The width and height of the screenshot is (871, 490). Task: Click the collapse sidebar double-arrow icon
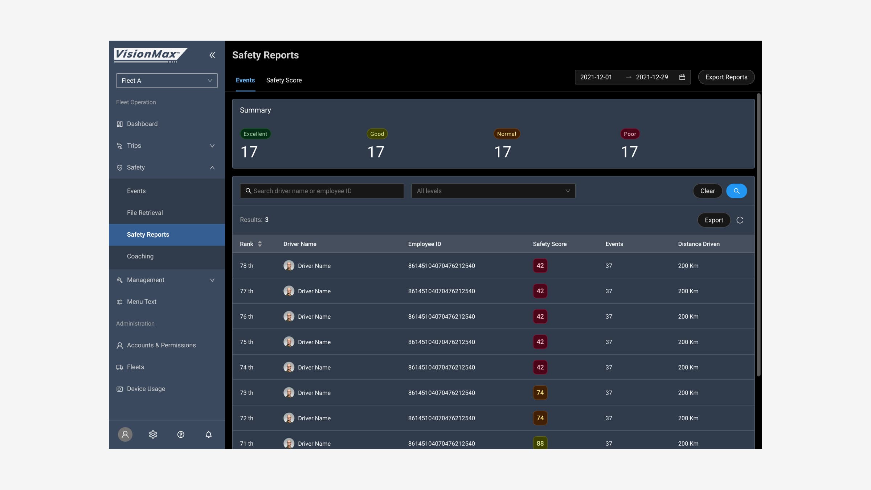(212, 55)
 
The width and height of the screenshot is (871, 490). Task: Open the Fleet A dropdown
(167, 81)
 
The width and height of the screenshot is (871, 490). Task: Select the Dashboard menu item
(142, 124)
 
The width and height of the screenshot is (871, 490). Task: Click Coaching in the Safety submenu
(140, 256)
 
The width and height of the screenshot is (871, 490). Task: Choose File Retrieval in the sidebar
(145, 213)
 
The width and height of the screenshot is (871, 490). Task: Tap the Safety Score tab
(284, 80)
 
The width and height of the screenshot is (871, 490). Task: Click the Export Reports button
(726, 77)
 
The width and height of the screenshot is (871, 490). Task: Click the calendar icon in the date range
(682, 77)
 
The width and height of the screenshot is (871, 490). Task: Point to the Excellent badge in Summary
(255, 134)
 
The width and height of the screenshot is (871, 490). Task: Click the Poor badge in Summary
(630, 134)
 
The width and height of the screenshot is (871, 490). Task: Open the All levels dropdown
(493, 191)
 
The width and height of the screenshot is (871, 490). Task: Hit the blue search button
(736, 191)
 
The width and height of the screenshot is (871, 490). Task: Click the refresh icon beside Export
(740, 220)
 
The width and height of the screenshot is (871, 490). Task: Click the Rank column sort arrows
(260, 244)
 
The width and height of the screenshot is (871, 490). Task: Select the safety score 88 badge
(540, 443)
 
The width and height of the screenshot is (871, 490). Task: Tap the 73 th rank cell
(247, 393)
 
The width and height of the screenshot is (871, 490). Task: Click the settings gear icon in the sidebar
(153, 434)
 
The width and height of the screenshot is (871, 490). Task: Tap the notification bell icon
(209, 434)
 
